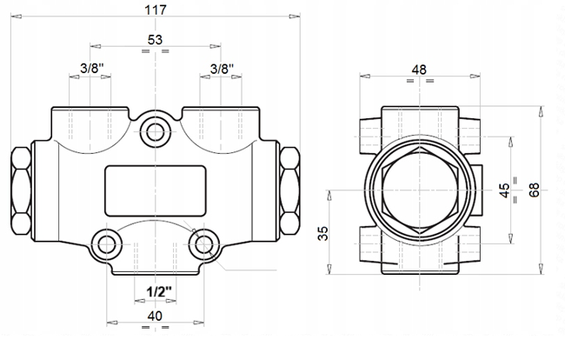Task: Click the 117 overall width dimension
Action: coord(156,10)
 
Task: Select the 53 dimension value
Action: coord(156,40)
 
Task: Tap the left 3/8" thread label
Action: coord(92,68)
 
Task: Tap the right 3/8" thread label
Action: coord(222,68)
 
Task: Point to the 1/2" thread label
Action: coord(159,291)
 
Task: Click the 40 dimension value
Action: coord(155,316)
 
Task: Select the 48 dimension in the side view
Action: coord(419,70)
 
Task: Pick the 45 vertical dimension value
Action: coord(504,190)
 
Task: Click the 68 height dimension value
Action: coord(534,190)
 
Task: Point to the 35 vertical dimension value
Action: coord(322,233)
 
